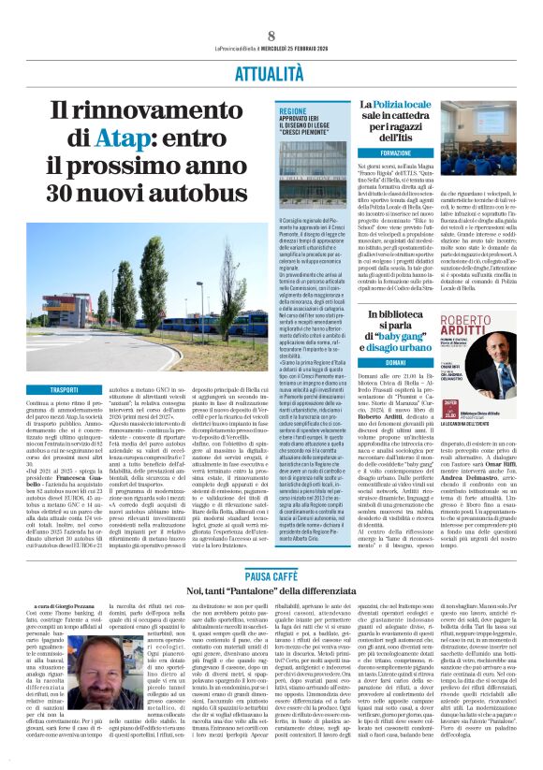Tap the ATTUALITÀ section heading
271,70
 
